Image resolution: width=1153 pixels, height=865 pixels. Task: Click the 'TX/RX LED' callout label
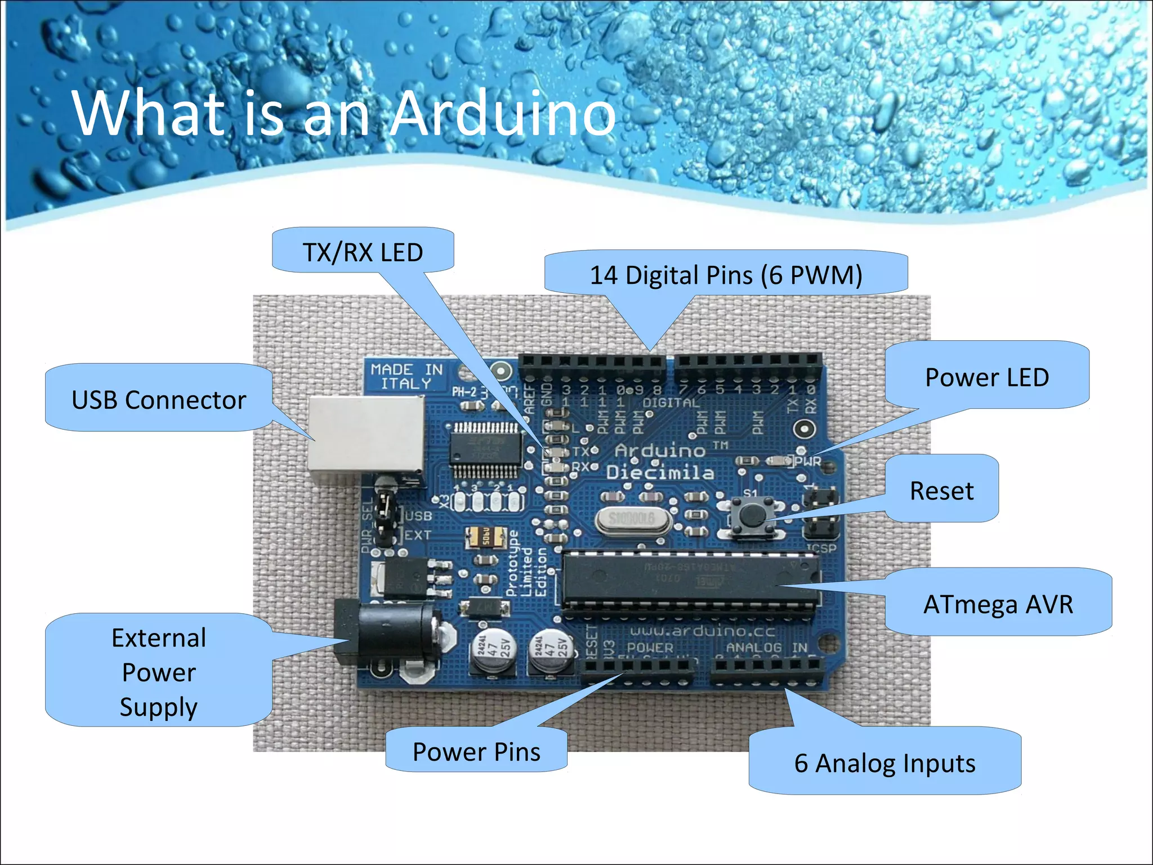[363, 252]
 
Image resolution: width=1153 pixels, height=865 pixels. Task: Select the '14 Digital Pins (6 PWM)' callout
[726, 275]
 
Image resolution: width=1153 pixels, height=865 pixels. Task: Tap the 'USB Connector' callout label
[159, 400]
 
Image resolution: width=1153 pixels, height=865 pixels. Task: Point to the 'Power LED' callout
[987, 377]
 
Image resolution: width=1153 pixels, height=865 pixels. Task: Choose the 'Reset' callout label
[941, 491]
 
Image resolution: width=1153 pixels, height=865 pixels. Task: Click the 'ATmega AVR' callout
[998, 604]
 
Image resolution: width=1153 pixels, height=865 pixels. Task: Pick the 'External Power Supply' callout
[159, 672]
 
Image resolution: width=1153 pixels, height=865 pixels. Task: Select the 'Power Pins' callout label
[476, 752]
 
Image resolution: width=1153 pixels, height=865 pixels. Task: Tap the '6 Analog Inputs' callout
[884, 763]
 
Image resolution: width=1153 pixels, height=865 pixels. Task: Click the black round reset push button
[751, 514]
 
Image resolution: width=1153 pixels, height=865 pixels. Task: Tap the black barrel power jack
[394, 631]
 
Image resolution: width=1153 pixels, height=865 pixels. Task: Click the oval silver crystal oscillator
[632, 518]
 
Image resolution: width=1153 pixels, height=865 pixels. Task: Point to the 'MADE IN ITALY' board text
[406, 377]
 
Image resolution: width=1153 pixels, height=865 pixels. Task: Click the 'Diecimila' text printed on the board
[660, 472]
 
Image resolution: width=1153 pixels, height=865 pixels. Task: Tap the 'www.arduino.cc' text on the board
[702, 631]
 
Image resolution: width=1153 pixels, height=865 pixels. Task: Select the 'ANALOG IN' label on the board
[766, 648]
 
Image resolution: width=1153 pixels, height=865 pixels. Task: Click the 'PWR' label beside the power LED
[808, 462]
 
